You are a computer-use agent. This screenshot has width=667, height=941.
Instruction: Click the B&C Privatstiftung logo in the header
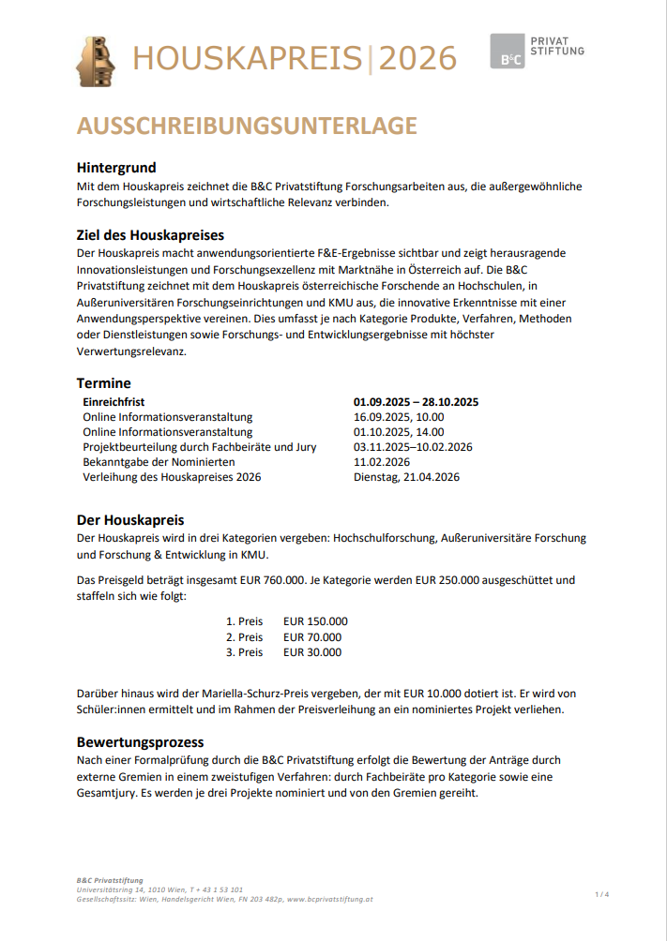pyautogui.click(x=537, y=51)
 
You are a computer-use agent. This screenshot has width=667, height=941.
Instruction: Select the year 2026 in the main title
pyautogui.click(x=417, y=58)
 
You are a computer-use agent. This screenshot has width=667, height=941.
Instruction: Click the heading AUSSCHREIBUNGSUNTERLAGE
pyautogui.click(x=247, y=127)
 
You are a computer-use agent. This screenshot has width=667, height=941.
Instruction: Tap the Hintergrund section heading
pyautogui.click(x=116, y=168)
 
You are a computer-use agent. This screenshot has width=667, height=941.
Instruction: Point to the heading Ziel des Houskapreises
pyautogui.click(x=150, y=234)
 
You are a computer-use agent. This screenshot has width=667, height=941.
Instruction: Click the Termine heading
pyautogui.click(x=103, y=382)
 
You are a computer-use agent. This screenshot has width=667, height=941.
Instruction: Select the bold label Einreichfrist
pyautogui.click(x=114, y=402)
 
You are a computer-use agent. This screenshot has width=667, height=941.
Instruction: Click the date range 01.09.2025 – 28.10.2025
pyautogui.click(x=416, y=402)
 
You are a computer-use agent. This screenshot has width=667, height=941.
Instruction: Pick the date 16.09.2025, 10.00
pyautogui.click(x=399, y=417)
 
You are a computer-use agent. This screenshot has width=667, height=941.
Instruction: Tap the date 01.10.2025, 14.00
pyautogui.click(x=399, y=432)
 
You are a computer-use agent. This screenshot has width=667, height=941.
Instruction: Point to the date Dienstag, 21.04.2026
pyautogui.click(x=406, y=477)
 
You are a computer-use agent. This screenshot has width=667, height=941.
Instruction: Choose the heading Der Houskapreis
pyautogui.click(x=129, y=519)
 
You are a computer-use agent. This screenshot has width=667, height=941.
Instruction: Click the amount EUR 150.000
pyautogui.click(x=315, y=621)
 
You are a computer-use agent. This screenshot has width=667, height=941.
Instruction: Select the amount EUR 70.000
pyautogui.click(x=312, y=637)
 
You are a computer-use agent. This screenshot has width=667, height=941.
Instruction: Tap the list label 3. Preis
pyautogui.click(x=245, y=652)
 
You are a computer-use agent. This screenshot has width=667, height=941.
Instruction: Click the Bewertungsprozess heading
pyautogui.click(x=140, y=741)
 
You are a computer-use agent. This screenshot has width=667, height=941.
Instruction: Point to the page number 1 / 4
pyautogui.click(x=601, y=895)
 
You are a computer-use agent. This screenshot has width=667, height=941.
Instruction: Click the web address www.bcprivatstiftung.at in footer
pyautogui.click(x=330, y=899)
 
